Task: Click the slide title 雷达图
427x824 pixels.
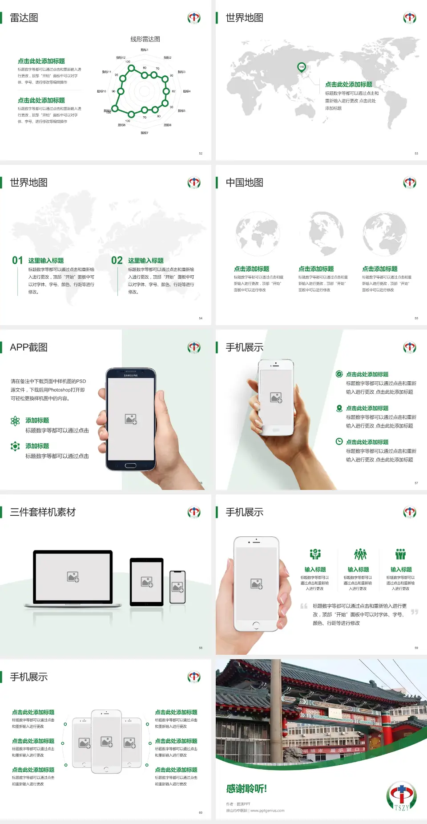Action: point(24,18)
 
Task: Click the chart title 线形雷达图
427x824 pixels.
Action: point(145,39)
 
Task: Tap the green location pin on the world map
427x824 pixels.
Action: point(301,67)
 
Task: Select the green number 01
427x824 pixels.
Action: point(17,261)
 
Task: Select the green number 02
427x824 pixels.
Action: point(117,261)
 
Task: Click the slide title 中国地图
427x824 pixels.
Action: point(244,183)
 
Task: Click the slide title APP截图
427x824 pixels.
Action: point(28,347)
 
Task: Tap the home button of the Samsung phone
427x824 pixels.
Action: point(130,465)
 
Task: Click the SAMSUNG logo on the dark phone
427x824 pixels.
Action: point(131,375)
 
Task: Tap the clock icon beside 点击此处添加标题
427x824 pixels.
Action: point(339,441)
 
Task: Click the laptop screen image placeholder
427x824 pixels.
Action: point(73,577)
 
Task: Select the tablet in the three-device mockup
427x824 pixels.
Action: point(147,582)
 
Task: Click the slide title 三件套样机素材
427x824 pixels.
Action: point(43,512)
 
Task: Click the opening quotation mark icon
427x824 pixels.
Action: point(304,606)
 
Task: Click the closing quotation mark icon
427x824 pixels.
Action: point(415,612)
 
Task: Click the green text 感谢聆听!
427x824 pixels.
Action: point(246,789)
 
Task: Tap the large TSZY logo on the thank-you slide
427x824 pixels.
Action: point(401,796)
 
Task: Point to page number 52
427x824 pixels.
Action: point(201,153)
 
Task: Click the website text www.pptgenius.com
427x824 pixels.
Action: point(267,811)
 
